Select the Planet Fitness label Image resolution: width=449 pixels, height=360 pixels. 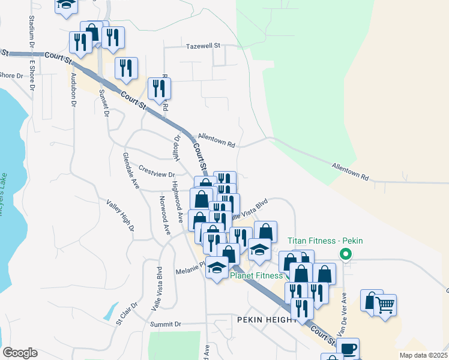click(x=256, y=276)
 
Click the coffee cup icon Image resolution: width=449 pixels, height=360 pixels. click(x=348, y=349)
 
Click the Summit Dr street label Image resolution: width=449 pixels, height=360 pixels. click(x=166, y=324)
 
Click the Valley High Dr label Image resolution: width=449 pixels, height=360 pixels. click(x=120, y=215)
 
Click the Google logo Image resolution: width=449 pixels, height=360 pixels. click(x=20, y=352)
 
